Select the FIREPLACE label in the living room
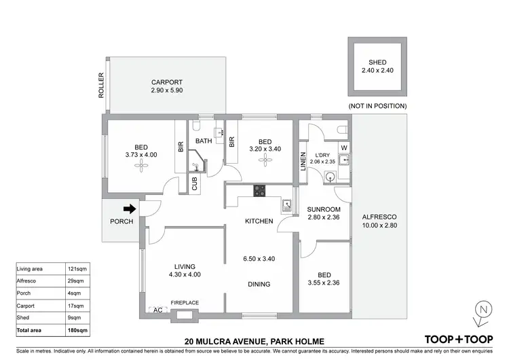point(183,303)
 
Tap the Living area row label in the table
point(31,269)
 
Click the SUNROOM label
point(324,209)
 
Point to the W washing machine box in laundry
point(343,147)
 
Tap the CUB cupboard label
point(194,184)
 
